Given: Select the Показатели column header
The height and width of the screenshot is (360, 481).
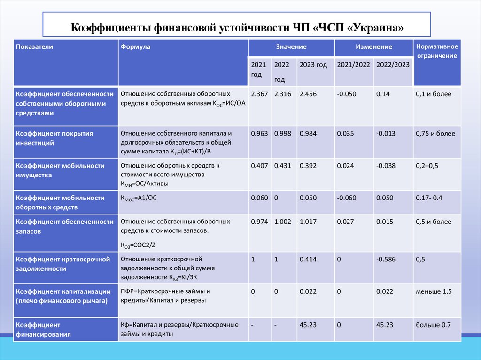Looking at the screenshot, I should pos(34,47).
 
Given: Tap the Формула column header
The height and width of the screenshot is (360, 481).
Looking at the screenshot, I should pos(135,47).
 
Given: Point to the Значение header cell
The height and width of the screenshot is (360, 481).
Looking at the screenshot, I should pos(291,47).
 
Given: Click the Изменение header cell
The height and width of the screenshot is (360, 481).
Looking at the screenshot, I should pos(373,47).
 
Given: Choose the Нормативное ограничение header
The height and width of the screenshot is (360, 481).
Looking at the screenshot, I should pos(436,51).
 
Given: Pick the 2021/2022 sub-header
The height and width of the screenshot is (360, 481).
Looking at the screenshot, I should pos(353,65).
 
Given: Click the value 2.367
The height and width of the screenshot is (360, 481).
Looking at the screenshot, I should pos(259,94).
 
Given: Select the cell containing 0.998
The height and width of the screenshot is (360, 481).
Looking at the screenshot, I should pos(283,133).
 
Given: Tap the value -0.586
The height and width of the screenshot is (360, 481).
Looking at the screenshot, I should pos(386,259).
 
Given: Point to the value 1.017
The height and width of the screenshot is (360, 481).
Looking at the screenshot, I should pos(308,222).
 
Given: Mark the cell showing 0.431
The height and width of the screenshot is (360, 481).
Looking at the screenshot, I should pos(283,166).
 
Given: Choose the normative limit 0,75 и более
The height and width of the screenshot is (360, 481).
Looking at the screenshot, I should pos(435,133).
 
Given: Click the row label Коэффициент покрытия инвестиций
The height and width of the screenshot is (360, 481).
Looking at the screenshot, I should pos(54,138).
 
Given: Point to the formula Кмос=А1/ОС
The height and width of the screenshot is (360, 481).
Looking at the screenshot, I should pos(139,198).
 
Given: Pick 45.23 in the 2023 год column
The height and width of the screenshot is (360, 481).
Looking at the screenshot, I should pos(308,324).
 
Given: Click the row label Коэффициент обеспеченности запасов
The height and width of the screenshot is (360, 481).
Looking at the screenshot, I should pos(64,226).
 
